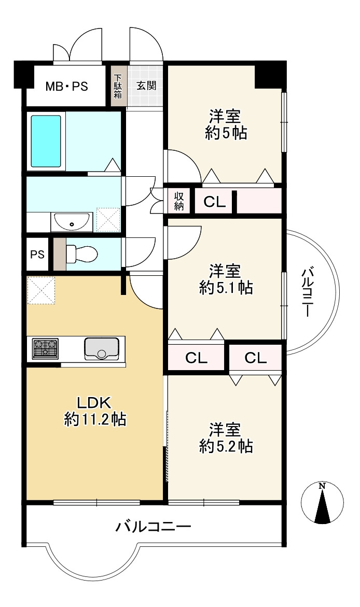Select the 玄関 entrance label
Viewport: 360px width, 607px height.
pyautogui.click(x=146, y=86)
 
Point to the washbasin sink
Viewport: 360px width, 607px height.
pyautogui.click(x=71, y=222)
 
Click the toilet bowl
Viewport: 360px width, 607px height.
pyautogui.click(x=82, y=253)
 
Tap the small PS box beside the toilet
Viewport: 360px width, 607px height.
pyautogui.click(x=37, y=255)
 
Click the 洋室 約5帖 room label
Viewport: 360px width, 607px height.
pyautogui.click(x=225, y=124)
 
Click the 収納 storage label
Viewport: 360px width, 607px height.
pyautogui.click(x=179, y=201)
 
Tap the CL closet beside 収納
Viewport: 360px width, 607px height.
pyautogui.click(x=215, y=202)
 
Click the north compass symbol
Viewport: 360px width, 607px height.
pyautogui.click(x=323, y=502)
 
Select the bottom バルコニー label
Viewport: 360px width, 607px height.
pyautogui.click(x=153, y=527)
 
